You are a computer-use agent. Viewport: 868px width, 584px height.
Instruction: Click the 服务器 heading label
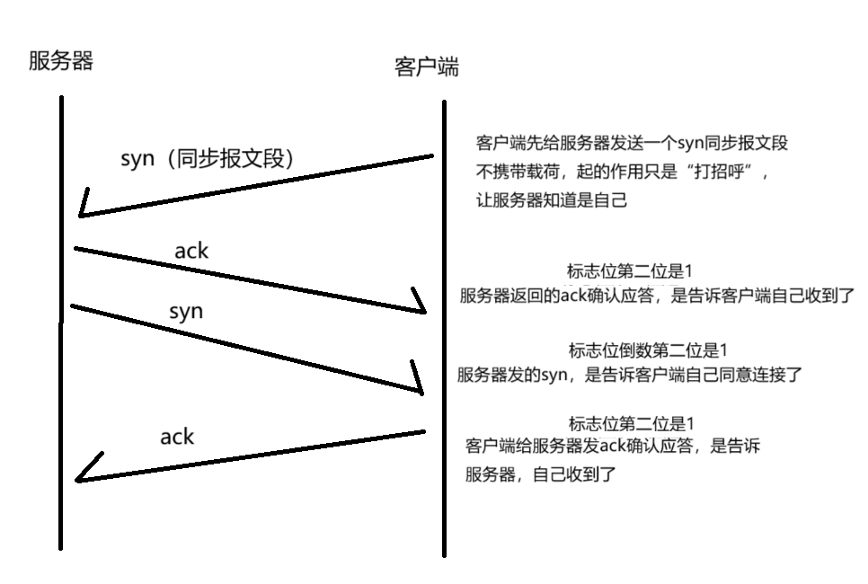[61, 61]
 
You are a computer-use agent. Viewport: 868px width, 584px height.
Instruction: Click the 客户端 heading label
[427, 67]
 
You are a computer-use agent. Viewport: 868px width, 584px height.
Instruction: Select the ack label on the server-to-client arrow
[191, 252]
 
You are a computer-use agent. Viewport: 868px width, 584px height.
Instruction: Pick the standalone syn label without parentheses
[186, 312]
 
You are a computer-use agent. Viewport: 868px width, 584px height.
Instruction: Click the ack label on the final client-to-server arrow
[177, 437]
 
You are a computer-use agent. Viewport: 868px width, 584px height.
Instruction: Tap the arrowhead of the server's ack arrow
[420, 306]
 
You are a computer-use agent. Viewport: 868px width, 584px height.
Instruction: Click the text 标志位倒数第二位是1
[646, 350]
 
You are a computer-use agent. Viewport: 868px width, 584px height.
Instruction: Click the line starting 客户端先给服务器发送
[632, 144]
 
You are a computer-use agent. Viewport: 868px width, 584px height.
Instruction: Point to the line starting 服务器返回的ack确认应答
[657, 296]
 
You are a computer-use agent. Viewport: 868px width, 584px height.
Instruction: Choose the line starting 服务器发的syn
[629, 375]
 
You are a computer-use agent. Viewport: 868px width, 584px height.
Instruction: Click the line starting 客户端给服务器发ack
[614, 447]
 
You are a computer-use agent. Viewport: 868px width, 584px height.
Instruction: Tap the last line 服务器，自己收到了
[540, 474]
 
